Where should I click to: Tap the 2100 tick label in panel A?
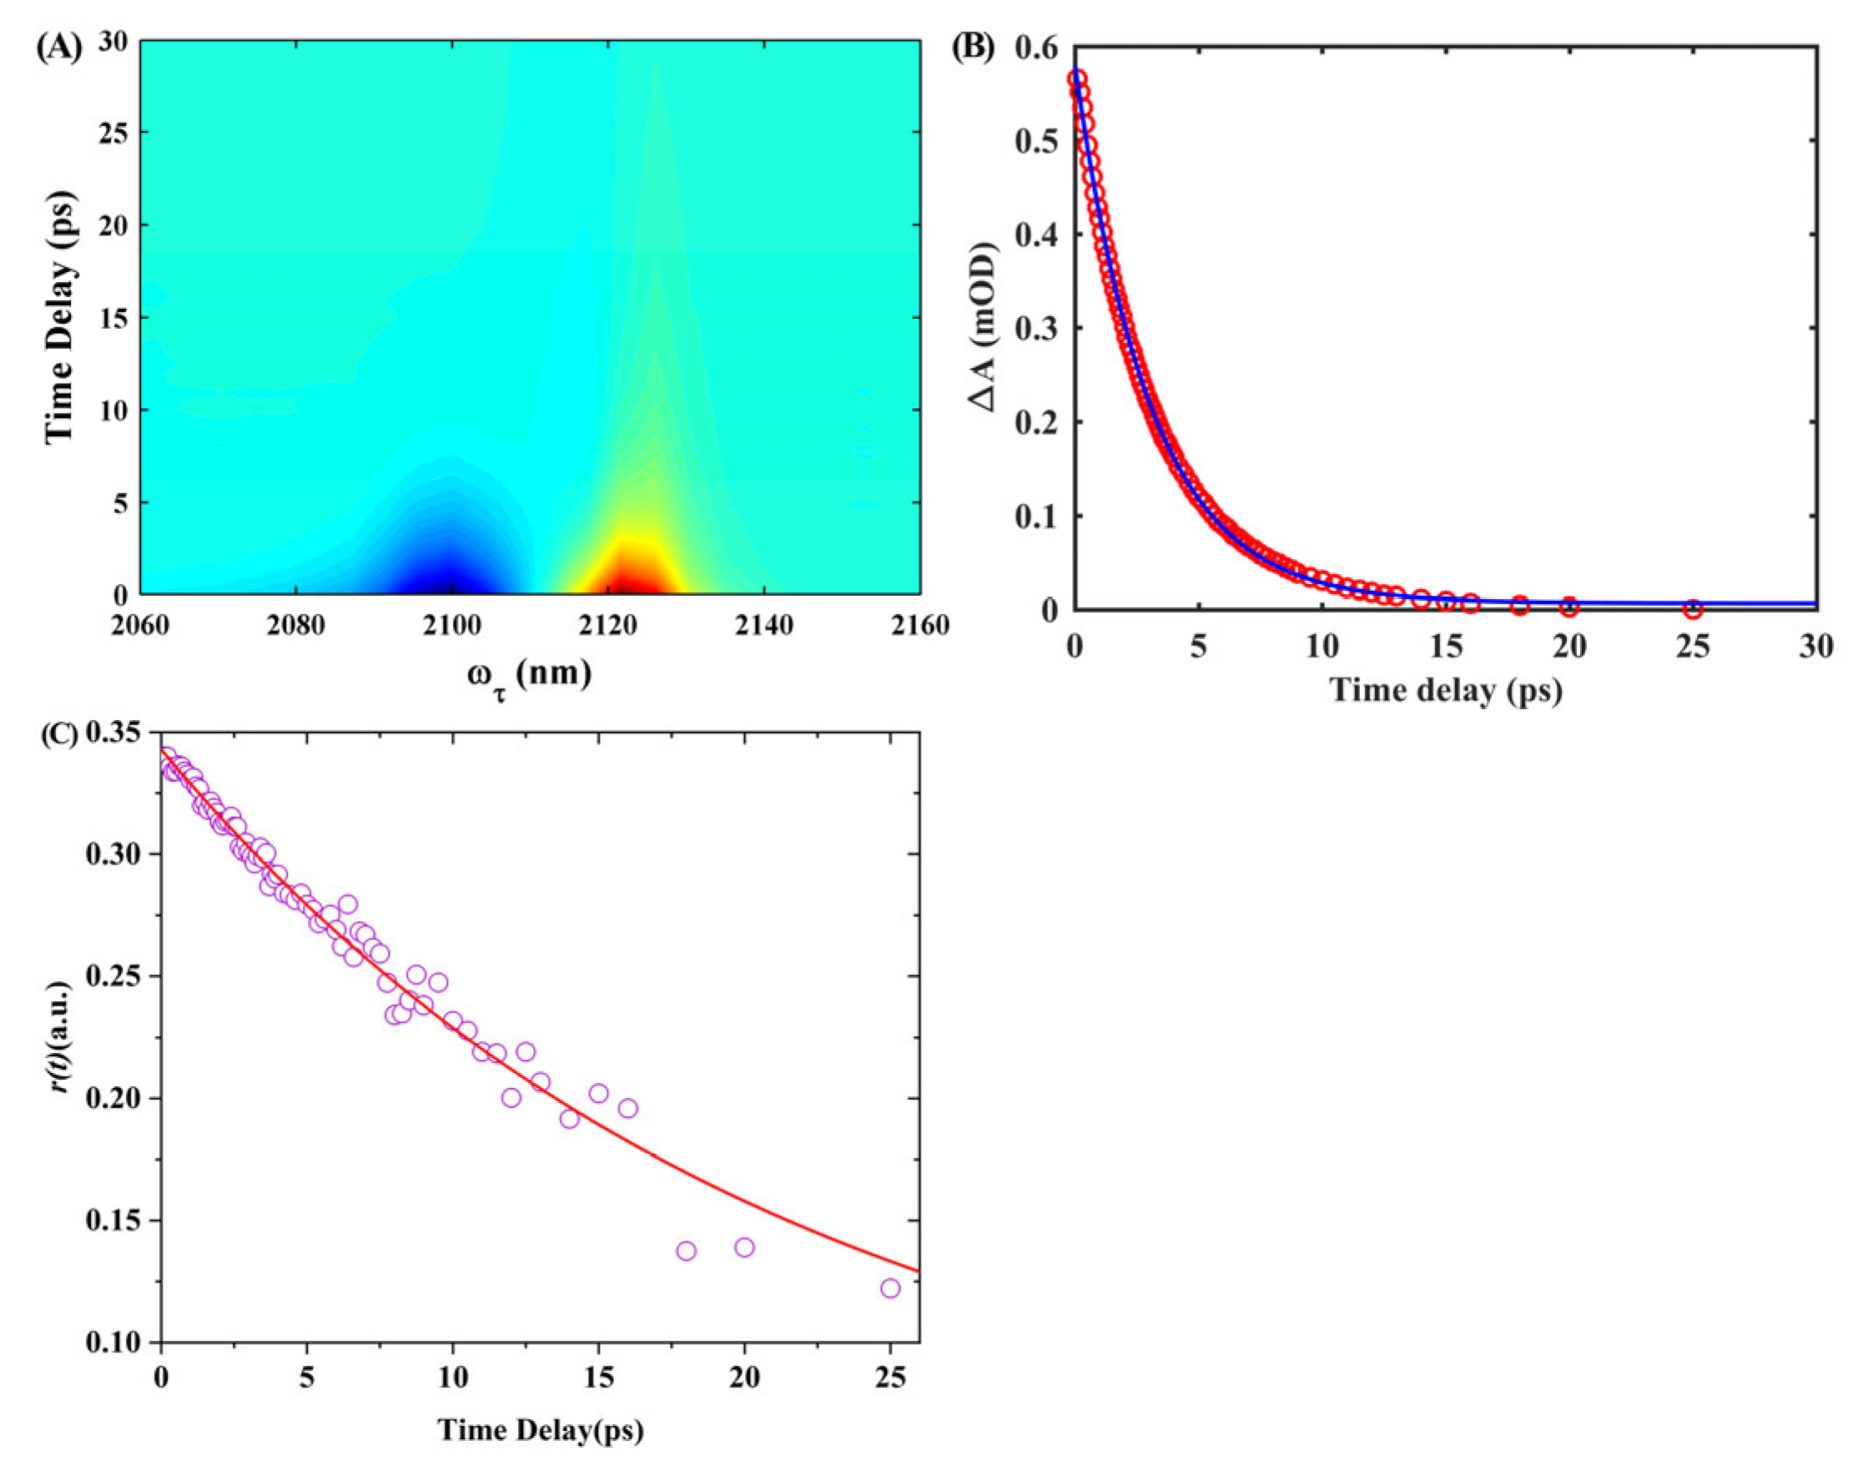451,625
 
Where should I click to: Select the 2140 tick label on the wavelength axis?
764,625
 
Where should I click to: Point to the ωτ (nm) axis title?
529,675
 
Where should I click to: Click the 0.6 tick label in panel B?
1036,48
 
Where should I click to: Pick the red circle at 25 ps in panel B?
1693,608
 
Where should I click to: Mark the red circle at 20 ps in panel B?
1569,606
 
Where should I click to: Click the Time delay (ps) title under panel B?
1445,690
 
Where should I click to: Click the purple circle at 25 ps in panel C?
890,1287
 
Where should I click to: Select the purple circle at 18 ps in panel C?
686,1251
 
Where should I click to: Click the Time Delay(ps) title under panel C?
541,1430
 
